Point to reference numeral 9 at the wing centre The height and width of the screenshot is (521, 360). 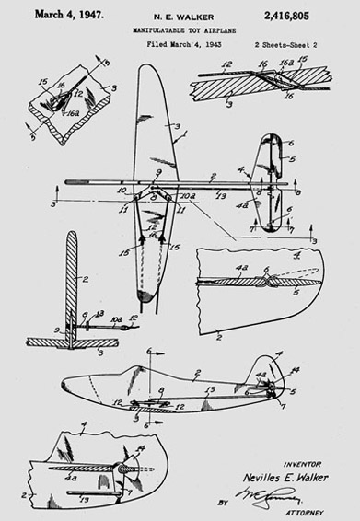pos(157,172)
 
